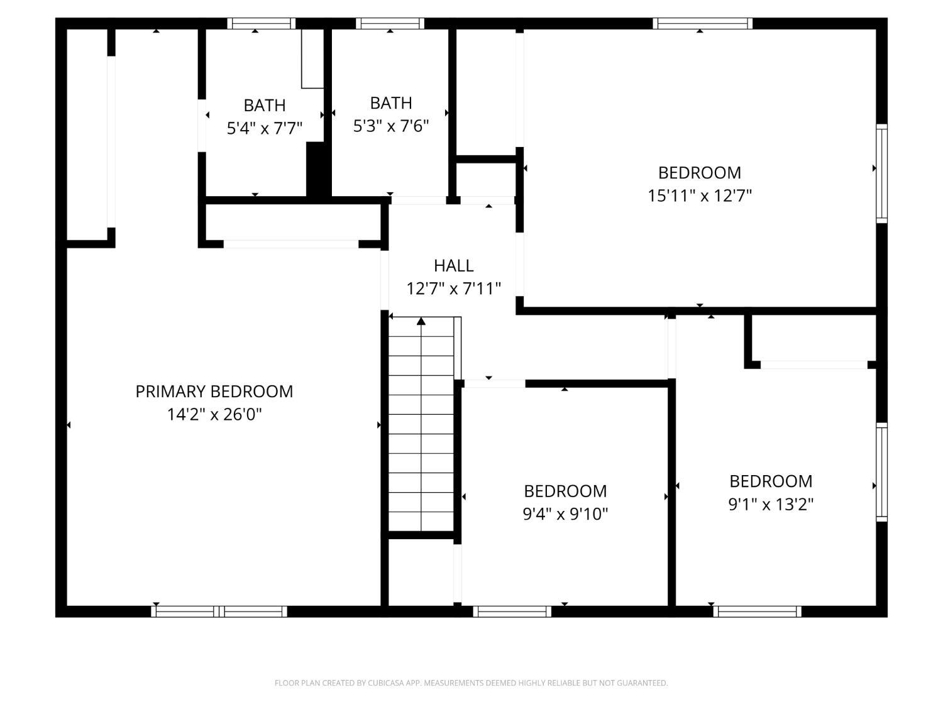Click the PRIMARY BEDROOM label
click(x=214, y=391)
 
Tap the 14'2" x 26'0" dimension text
click(x=214, y=414)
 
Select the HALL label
click(x=454, y=266)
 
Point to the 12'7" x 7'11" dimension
click(x=454, y=288)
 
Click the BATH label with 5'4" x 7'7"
click(x=264, y=105)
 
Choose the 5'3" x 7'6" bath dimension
click(x=391, y=126)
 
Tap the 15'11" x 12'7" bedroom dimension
click(x=700, y=195)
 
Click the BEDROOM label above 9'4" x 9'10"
click(x=565, y=491)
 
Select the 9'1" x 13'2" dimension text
click(x=771, y=504)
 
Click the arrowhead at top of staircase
click(x=421, y=321)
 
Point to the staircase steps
click(x=421, y=424)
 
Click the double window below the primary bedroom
click(x=219, y=611)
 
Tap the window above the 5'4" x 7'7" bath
click(x=261, y=23)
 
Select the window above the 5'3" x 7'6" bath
click(x=390, y=23)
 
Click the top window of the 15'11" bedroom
click(x=702, y=23)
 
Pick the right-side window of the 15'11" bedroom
click(x=881, y=173)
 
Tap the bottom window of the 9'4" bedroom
click(x=512, y=611)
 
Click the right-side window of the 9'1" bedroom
click(x=881, y=472)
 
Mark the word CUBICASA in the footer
click(x=386, y=683)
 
